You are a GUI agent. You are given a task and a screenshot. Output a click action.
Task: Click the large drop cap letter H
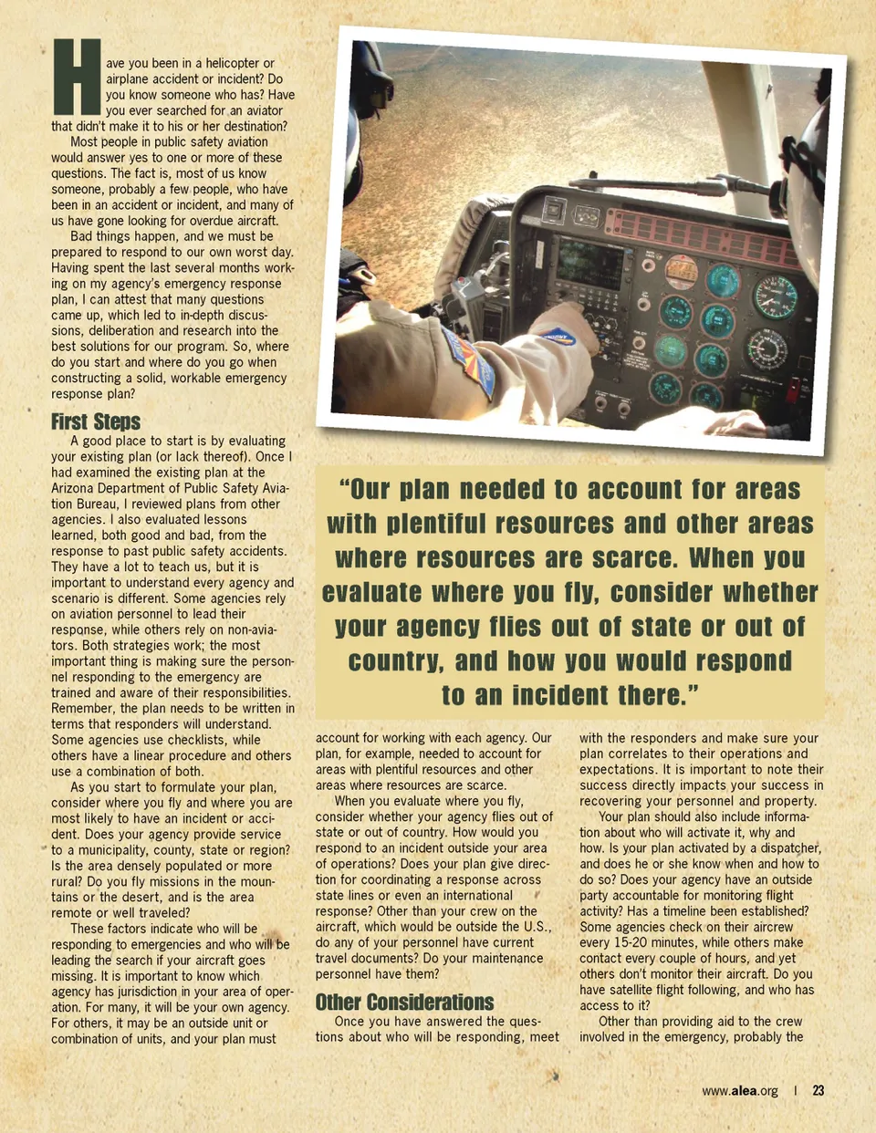[x=77, y=78]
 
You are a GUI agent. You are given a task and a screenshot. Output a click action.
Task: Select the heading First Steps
[x=96, y=421]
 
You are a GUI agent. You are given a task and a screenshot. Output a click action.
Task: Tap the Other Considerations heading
[x=404, y=1002]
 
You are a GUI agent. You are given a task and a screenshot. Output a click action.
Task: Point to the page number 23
[x=819, y=1090]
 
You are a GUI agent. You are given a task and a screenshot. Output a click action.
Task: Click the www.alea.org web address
[x=740, y=1091]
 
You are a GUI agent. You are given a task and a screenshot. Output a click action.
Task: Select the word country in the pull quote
[x=396, y=661]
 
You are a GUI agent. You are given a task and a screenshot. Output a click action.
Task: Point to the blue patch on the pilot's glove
[x=558, y=338]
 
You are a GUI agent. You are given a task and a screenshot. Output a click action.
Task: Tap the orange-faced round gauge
[x=681, y=271]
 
